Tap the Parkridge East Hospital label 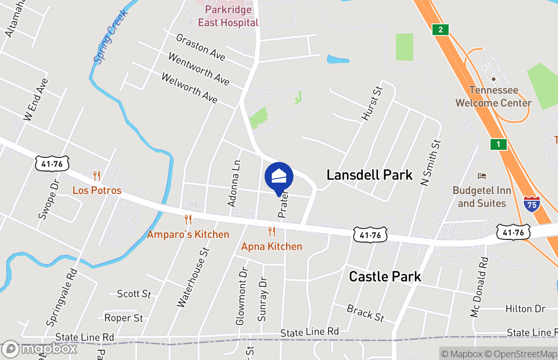click(228, 16)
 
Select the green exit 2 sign click(441, 30)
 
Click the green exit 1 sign click(498, 144)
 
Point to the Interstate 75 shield click(532, 204)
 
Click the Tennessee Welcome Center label click(493, 96)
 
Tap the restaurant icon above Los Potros click(97, 176)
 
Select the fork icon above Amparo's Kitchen click(188, 220)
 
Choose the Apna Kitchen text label click(272, 246)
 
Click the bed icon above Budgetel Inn click(482, 175)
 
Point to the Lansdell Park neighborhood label click(369, 175)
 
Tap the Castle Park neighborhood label click(385, 276)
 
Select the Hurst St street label click(371, 103)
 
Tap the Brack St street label click(365, 313)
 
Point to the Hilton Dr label click(525, 309)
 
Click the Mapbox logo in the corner click(40, 349)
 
